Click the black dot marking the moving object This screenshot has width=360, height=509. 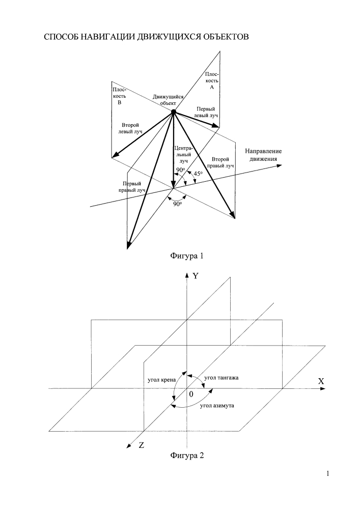[x=174, y=111]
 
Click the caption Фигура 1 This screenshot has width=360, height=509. [x=187, y=256]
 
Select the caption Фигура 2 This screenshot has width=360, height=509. [x=187, y=456]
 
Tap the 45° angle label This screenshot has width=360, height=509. [x=198, y=174]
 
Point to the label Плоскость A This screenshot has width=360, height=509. [x=212, y=81]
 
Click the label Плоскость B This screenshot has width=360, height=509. [x=119, y=96]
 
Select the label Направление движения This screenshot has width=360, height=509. [x=263, y=155]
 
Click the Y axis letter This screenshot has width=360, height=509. [x=196, y=276]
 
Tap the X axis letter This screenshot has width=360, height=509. [x=321, y=381]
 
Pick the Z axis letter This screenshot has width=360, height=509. [x=141, y=445]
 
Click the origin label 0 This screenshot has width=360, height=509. [x=191, y=394]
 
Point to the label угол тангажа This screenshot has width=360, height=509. [x=221, y=378]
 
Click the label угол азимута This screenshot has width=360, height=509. [x=217, y=406]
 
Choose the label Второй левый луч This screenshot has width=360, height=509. [x=130, y=128]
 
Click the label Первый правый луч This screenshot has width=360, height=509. [x=132, y=187]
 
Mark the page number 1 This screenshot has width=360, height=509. [x=327, y=473]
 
